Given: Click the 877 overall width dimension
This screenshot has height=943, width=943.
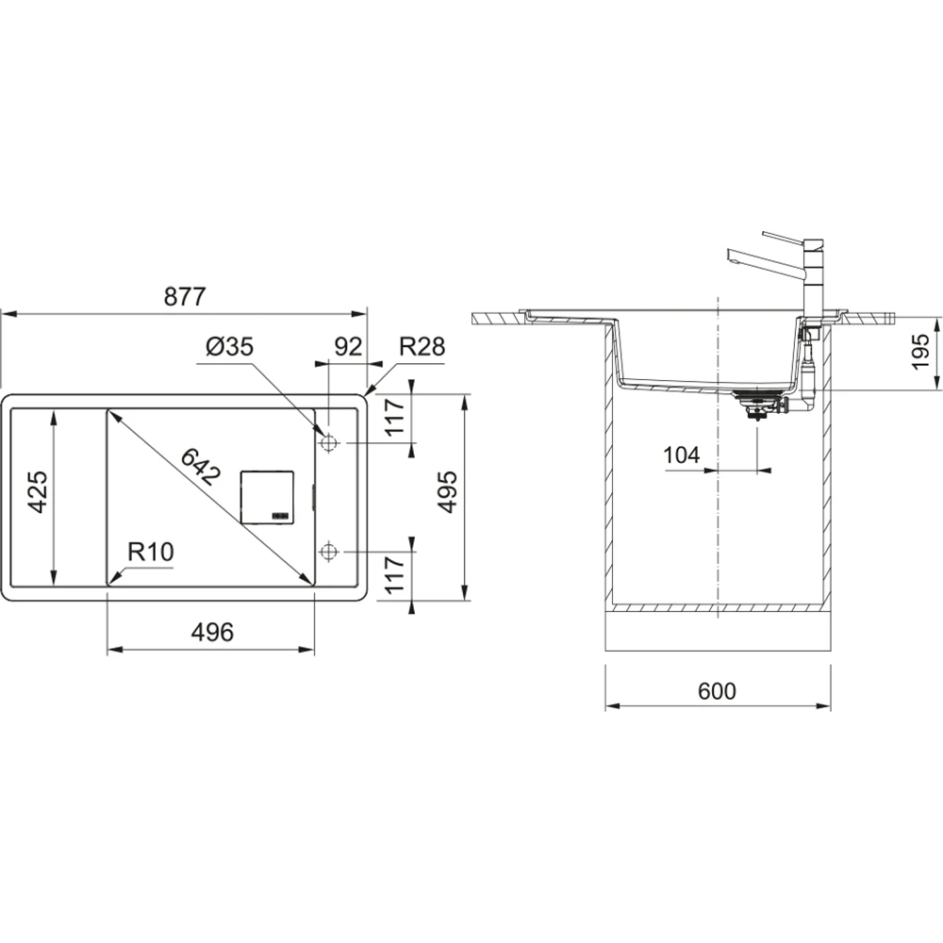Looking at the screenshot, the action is tap(185, 296).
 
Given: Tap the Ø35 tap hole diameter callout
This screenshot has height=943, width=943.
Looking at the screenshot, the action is tap(229, 347).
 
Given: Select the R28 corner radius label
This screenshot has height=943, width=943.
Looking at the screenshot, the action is tap(422, 347).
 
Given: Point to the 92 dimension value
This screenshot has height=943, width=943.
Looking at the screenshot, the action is tap(348, 347).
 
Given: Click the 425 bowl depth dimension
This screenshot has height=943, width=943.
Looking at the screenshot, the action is tap(38, 492).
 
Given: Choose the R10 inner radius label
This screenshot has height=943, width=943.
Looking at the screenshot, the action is tap(150, 552).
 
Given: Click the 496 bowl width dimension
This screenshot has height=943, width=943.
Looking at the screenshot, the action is tap(212, 632).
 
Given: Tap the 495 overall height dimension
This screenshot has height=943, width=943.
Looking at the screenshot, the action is tap(447, 492).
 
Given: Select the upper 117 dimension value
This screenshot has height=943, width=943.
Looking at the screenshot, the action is tap(394, 418).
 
